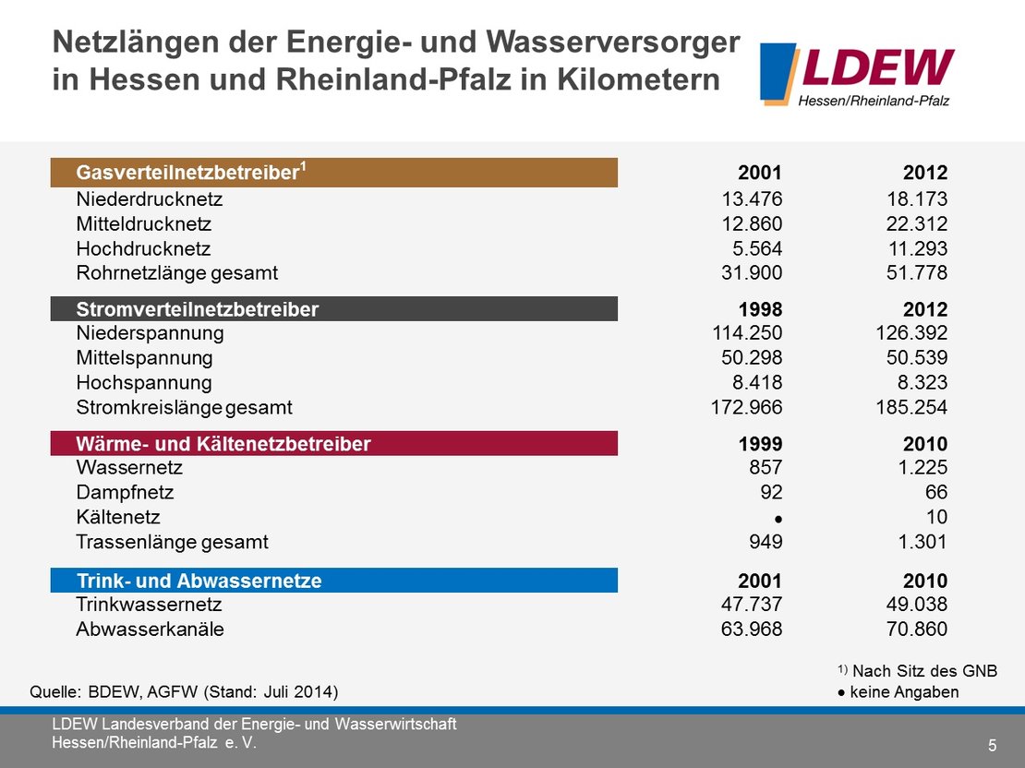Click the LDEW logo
coord(856,74)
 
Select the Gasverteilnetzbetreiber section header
coord(333,173)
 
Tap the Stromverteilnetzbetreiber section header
coord(333,309)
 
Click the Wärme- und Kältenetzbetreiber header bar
coord(333,444)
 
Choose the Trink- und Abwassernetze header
coord(333,581)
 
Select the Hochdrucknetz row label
coord(144,248)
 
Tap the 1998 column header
coord(759,309)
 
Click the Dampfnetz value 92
coord(770,492)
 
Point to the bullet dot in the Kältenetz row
coord(778,518)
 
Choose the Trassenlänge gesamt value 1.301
coord(922,542)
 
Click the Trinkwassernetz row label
coord(149,605)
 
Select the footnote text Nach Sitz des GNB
coord(923,671)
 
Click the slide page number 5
coord(992,745)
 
